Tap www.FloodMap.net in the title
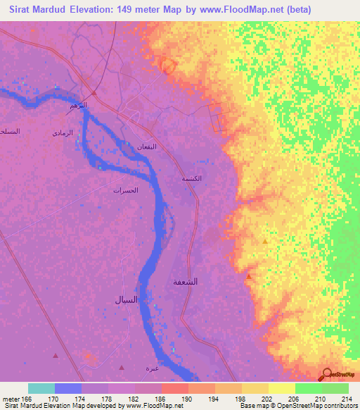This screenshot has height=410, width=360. pos(238,10)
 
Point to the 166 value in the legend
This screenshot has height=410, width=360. pos(27,399)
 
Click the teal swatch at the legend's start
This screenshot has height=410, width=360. pos(41,388)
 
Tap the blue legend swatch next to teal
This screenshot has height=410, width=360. pos(68,388)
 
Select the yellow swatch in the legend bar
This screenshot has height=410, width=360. pos(281,388)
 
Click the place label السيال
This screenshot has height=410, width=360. pos(131,300)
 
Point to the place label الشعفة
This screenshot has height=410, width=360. pos(186,282)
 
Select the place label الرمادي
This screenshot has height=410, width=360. pos(63,132)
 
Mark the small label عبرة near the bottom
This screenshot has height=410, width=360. pos(152,368)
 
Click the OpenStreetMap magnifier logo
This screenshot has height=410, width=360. pos(327,375)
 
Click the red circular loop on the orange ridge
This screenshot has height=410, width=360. pos(168,65)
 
